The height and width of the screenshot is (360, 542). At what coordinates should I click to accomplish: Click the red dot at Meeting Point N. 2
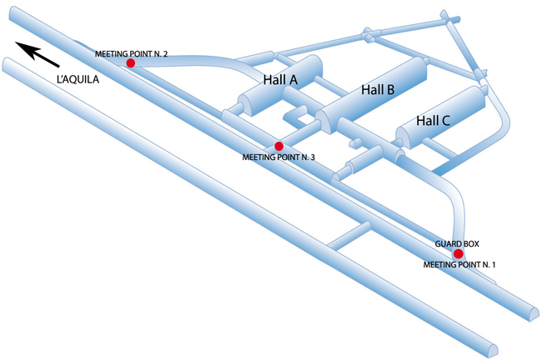coord(130,63)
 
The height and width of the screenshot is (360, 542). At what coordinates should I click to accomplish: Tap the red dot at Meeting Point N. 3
coord(279,146)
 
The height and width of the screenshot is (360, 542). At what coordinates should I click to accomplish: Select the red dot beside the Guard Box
coord(458,253)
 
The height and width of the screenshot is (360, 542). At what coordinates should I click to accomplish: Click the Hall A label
coord(280,79)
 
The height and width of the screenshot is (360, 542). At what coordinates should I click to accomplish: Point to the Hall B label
coord(377,90)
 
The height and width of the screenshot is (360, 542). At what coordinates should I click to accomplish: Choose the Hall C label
coord(433,121)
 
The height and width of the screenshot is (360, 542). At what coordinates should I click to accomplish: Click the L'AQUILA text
coord(78,80)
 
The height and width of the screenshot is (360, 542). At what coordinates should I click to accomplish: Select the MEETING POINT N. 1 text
coord(459,264)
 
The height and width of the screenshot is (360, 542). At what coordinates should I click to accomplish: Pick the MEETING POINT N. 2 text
coord(132,53)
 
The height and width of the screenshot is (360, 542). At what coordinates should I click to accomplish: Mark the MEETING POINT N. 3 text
coord(278,157)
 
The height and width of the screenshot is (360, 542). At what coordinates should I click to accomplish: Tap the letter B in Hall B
coord(389,90)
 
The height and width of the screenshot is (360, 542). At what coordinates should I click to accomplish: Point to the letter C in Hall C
coord(445,121)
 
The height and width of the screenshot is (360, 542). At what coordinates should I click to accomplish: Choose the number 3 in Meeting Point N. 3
coord(311,157)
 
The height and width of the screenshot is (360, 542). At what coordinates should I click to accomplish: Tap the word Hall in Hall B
coord(371,90)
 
